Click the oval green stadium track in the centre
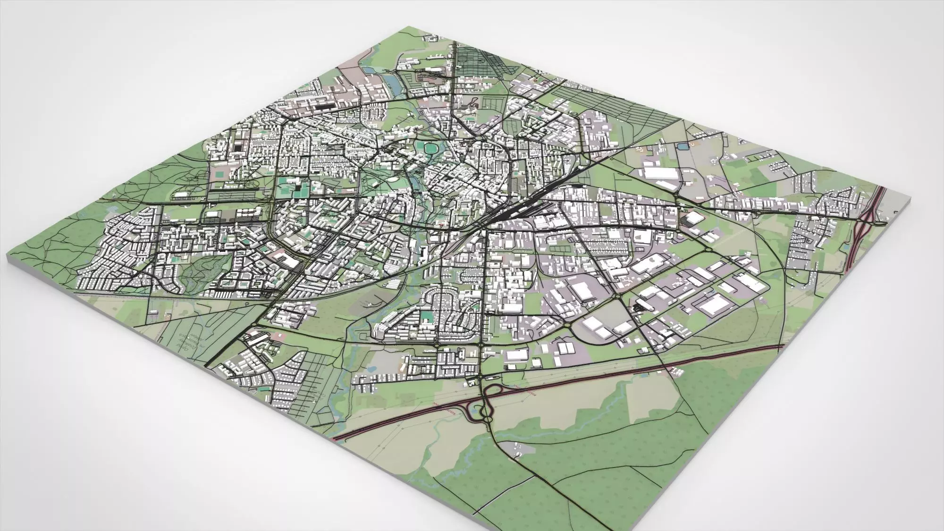click(x=430, y=149)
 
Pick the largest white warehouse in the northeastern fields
click(x=661, y=173)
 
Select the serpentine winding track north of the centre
click(x=472, y=101)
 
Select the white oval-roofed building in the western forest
click(x=181, y=193)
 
